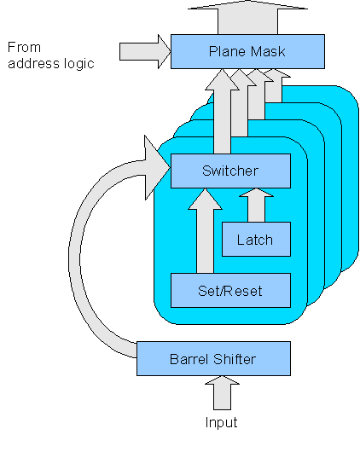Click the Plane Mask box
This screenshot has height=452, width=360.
[x=247, y=52]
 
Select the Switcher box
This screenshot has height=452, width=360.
[x=230, y=171]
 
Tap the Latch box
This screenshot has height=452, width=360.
[x=256, y=240]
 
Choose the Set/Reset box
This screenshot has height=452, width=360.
[x=230, y=290]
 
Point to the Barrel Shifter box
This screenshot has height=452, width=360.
[x=213, y=358]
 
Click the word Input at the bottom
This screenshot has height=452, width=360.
[x=221, y=423]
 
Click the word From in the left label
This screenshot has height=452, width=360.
[x=24, y=47]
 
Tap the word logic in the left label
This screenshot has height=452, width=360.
[x=79, y=64]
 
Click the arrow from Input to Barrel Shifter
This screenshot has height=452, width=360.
[x=222, y=392]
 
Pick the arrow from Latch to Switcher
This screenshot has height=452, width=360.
[x=256, y=205]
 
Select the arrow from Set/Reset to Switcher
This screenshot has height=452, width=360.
[x=205, y=230]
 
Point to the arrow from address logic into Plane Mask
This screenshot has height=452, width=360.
[x=145, y=52]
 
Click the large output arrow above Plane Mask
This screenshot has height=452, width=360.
[x=247, y=17]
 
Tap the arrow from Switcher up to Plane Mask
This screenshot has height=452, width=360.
[x=222, y=111]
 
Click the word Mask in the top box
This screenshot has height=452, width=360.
[x=268, y=52]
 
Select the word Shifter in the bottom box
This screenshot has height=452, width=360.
[x=235, y=359]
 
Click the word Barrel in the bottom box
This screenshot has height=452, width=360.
[x=189, y=359]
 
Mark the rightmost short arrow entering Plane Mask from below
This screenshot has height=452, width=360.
[x=276, y=85]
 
